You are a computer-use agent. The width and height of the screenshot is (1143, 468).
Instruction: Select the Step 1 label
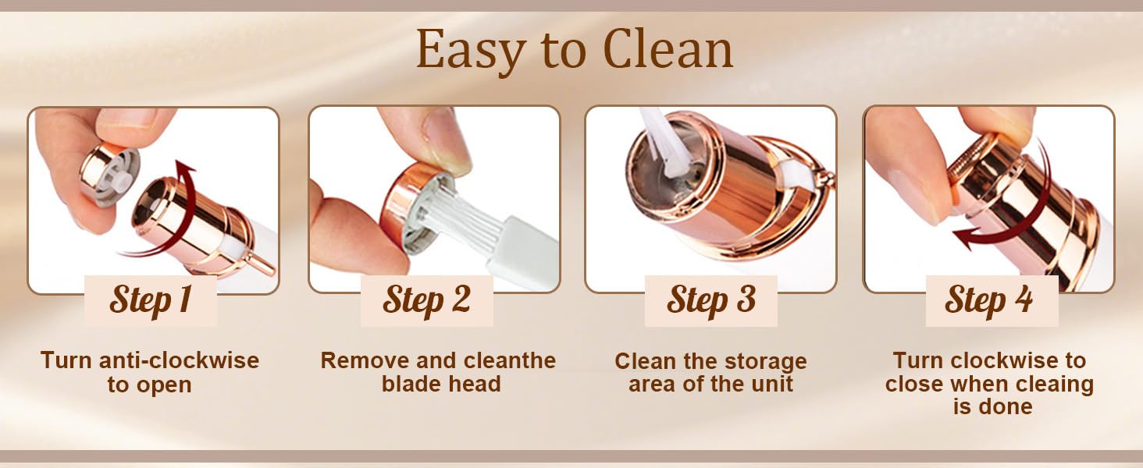151,300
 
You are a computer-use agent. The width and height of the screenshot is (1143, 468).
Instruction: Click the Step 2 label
426,300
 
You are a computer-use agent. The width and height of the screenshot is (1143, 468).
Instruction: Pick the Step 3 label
711,300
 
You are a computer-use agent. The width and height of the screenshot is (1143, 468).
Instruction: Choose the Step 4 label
989,300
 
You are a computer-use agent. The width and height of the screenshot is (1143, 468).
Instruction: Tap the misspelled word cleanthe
509,361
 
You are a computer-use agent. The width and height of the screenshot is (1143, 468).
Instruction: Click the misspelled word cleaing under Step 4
1052,384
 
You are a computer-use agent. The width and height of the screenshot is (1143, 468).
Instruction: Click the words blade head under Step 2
441,384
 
